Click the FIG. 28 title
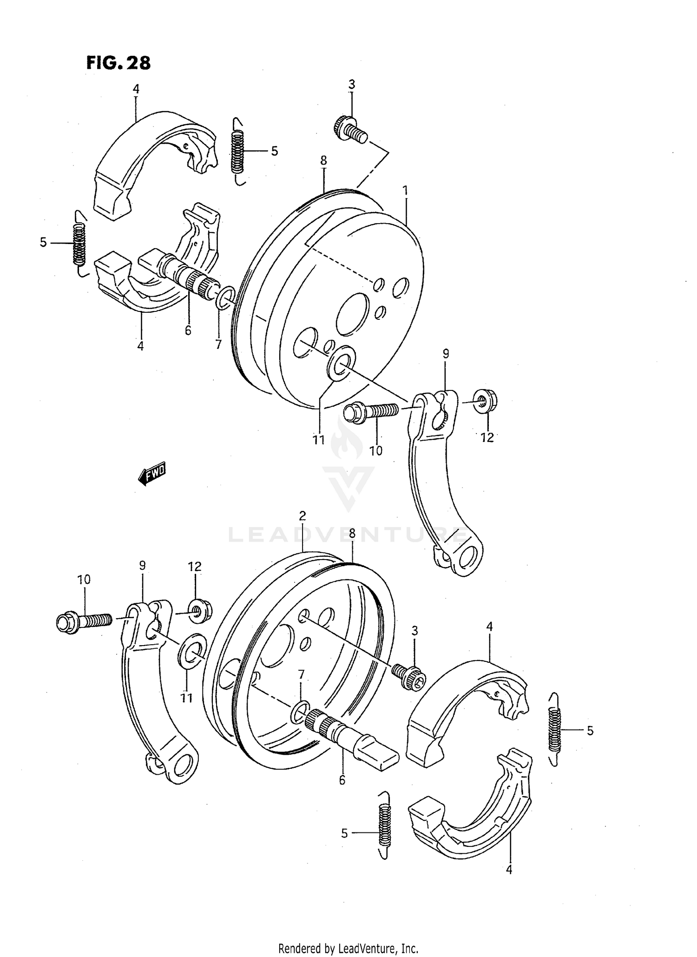coord(118,63)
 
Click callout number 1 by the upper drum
coord(405,190)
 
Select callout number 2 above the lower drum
coord(302,515)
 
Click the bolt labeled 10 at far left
coord(84,621)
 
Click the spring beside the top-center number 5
coord(237,151)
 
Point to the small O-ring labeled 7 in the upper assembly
coord(225,299)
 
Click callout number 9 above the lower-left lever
coord(142,566)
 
